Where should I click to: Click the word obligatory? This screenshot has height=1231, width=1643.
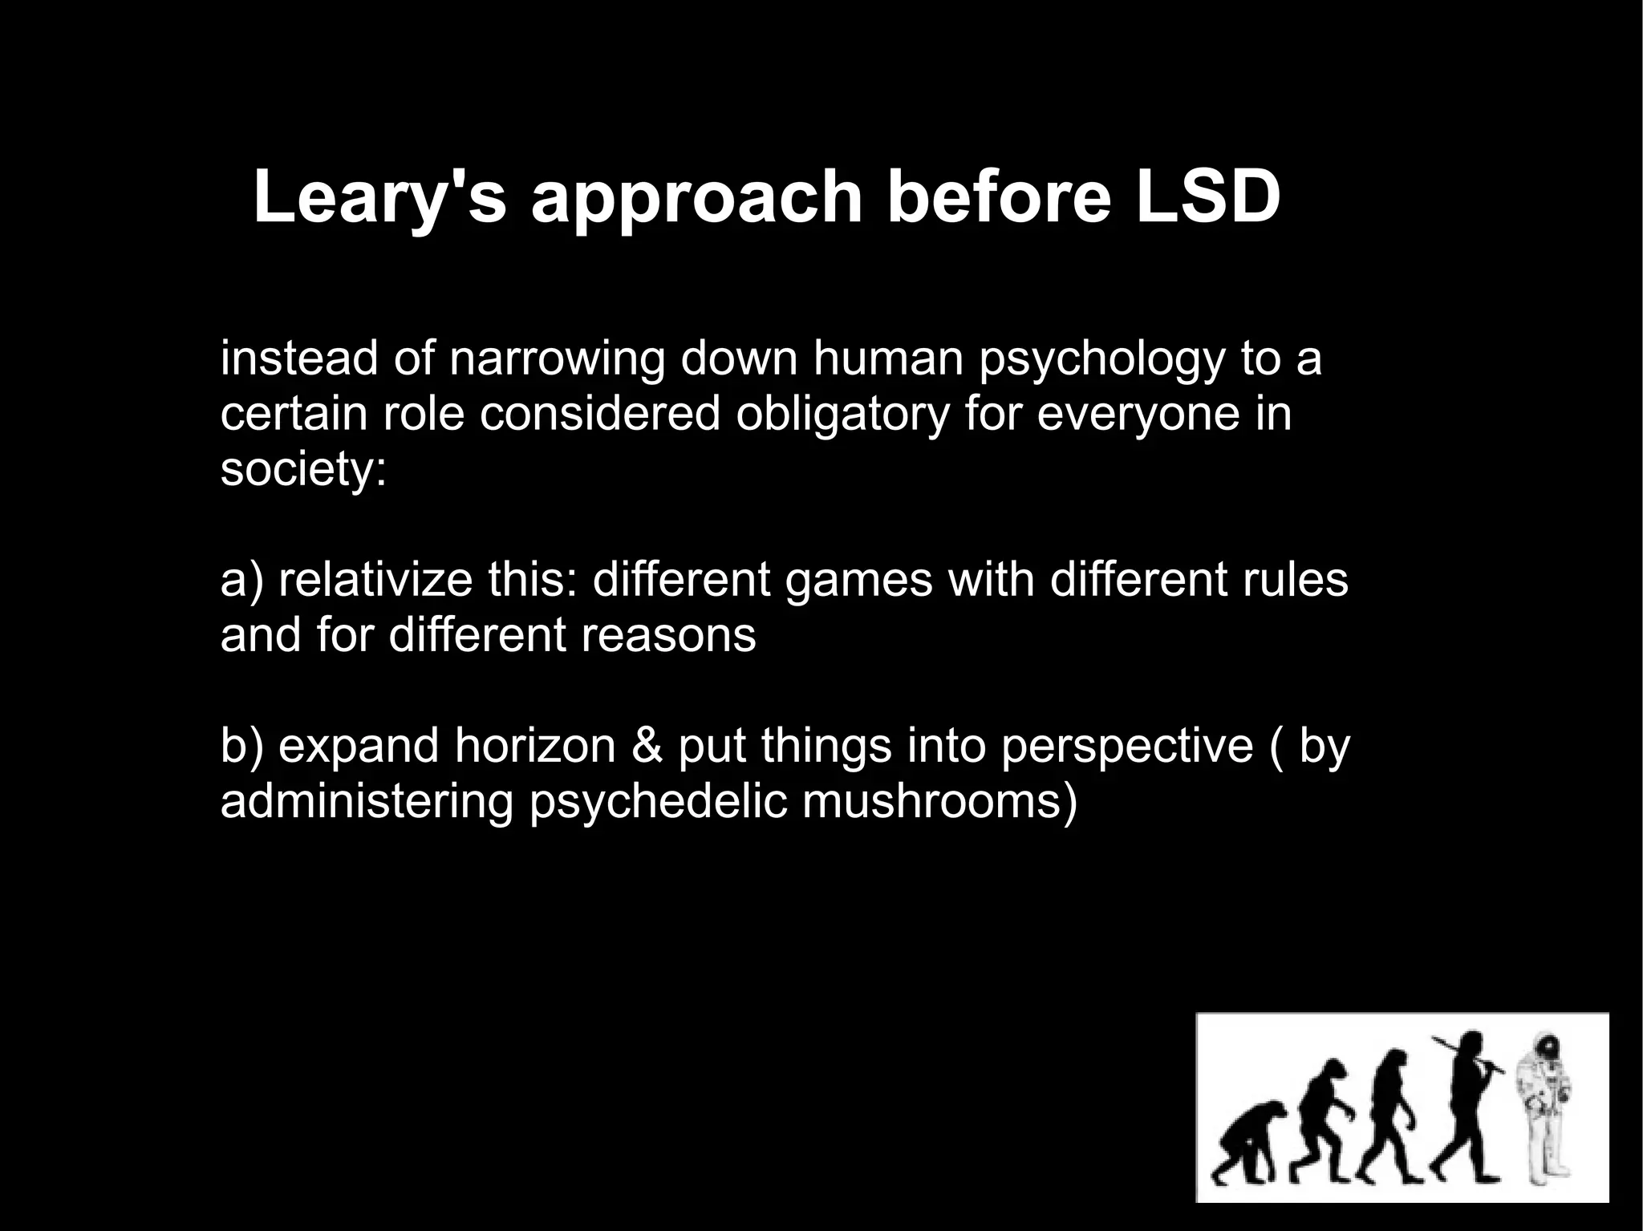click(x=842, y=415)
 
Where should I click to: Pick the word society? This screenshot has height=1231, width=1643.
click(x=303, y=470)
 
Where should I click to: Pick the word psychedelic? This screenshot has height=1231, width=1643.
click(x=658, y=802)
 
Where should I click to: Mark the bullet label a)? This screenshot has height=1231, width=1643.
click(x=241, y=581)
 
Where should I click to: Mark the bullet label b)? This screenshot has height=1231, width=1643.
click(x=241, y=746)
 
